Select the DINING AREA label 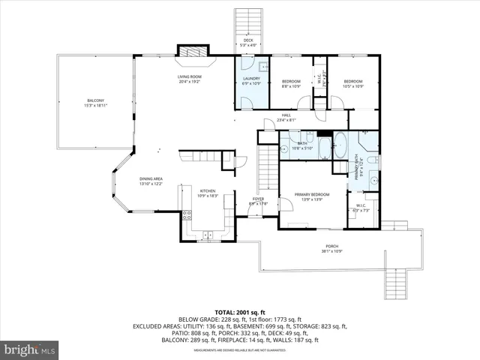click(151, 181)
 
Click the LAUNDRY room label click(250, 80)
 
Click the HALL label click(286, 117)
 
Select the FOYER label click(257, 201)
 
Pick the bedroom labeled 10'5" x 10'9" click(352, 83)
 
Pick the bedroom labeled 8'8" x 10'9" click(290, 83)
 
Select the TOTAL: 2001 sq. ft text click(240, 311)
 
